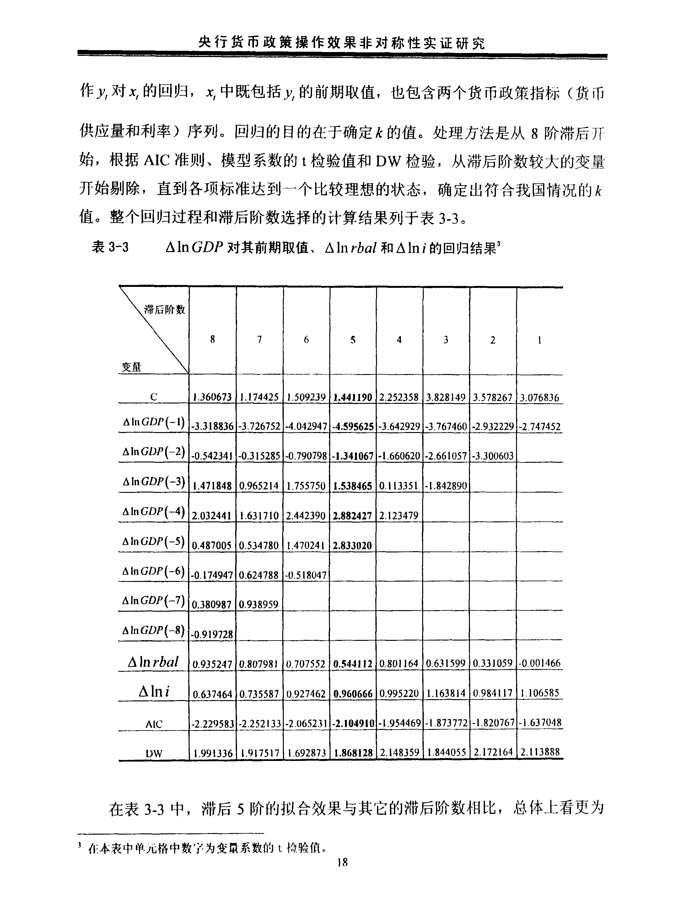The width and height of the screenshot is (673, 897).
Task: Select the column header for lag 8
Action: [x=212, y=340]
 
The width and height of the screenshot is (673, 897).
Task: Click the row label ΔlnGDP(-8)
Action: [x=154, y=631]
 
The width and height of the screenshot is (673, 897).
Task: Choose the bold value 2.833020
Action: [x=352, y=546]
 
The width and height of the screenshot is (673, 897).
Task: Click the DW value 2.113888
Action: [x=540, y=752]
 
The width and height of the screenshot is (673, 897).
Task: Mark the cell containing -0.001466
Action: [x=540, y=663]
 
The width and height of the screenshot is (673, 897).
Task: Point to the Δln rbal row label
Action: [x=153, y=662]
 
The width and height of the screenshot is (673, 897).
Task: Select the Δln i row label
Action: [x=154, y=691]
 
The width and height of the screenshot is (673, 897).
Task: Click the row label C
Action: [x=153, y=397]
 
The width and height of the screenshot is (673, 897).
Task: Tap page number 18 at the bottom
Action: [x=342, y=873]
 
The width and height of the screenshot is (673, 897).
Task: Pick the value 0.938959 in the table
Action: [x=259, y=604]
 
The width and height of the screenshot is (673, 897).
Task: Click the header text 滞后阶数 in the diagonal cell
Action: [x=165, y=310]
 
